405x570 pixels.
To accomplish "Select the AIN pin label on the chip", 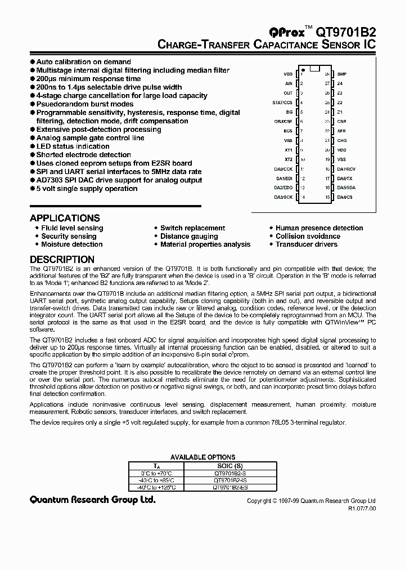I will [288, 83].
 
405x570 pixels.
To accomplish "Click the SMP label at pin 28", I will [342, 74].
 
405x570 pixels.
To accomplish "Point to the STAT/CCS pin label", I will [282, 103].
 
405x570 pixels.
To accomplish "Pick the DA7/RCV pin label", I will [346, 168].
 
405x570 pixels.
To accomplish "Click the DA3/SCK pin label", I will [283, 197].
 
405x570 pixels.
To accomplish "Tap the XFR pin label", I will [341, 131].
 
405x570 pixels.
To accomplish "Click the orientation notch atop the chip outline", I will [315, 69].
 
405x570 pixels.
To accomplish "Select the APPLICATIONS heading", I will [65, 218].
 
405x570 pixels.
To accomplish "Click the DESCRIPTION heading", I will [62, 260].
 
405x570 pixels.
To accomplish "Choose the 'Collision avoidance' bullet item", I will [308, 236].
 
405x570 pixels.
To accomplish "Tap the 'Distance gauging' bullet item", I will [189, 236].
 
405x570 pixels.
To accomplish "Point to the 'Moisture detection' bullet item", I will [71, 244].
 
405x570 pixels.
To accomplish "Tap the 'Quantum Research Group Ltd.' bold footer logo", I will [92, 500].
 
